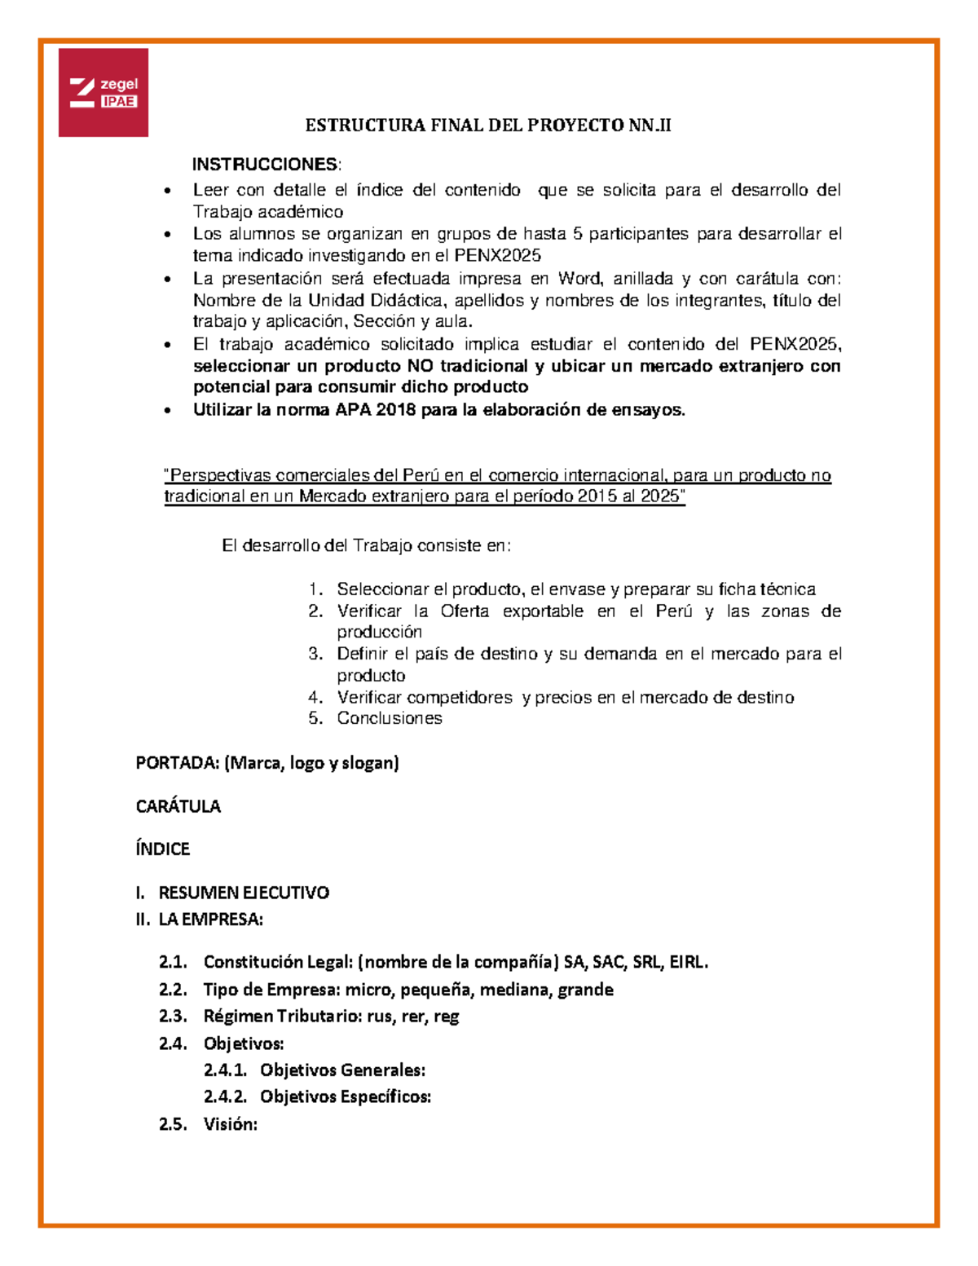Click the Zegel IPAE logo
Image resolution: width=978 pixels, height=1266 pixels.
[104, 92]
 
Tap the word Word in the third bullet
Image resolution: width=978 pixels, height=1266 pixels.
[579, 279]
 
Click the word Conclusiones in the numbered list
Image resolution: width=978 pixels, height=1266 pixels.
[390, 718]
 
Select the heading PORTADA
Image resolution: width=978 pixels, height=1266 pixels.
[177, 763]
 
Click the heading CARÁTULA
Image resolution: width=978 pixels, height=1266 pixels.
[178, 806]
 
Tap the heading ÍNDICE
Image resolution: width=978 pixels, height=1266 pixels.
[162, 849]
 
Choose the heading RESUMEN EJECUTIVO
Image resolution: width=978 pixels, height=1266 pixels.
[243, 893]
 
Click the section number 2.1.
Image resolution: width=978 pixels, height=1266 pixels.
[173, 962]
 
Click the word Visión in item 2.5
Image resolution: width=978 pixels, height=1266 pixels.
[230, 1124]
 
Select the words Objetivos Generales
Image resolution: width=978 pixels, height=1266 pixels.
[342, 1070]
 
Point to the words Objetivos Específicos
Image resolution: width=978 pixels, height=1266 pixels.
[345, 1096]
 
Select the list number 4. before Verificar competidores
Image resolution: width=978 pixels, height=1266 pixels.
[316, 697]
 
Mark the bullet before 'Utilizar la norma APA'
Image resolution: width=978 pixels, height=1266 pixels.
[168, 411]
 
